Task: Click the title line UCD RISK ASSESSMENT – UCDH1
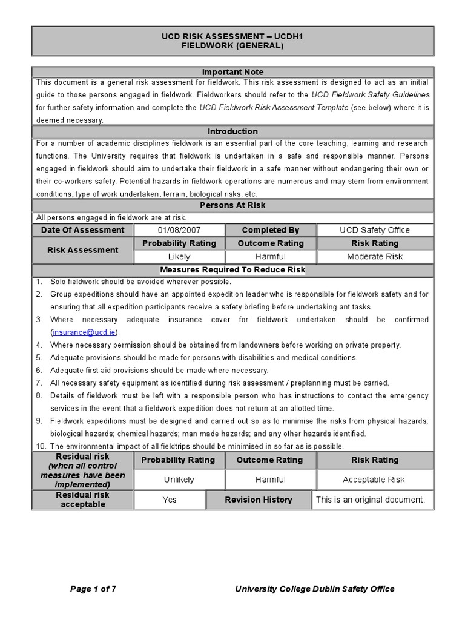232,36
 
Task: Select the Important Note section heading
232,72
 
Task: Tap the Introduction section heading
232,131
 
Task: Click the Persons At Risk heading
232,205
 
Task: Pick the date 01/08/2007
179,230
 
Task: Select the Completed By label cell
271,230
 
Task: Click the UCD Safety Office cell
375,230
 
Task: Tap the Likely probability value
179,256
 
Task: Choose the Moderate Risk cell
375,256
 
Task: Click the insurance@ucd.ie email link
85,332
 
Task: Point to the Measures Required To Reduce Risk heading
232,269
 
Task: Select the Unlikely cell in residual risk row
179,480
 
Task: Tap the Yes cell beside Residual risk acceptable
170,500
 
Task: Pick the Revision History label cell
259,500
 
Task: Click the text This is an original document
371,500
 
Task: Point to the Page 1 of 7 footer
93,589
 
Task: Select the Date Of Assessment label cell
83,230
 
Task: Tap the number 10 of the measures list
40,446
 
